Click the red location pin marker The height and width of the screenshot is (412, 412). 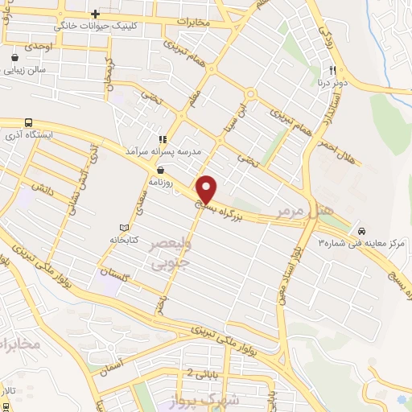(x=207, y=188)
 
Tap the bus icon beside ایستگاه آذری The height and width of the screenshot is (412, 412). (x=28, y=122)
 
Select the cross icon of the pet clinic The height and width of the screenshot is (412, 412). (x=95, y=14)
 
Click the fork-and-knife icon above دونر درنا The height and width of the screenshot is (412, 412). (x=330, y=69)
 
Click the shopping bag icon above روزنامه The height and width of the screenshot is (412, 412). (x=163, y=169)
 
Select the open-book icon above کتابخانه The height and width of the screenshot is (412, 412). (x=123, y=228)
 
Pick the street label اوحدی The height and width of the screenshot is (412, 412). (x=38, y=47)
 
